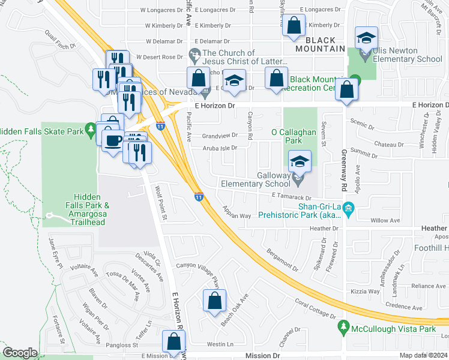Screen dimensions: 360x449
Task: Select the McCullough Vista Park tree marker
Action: [x=344, y=328]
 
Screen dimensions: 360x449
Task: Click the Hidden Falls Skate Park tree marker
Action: [x=91, y=128]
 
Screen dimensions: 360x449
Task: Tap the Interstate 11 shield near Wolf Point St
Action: [x=198, y=197]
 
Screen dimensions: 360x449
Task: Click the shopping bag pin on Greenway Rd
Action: [x=347, y=90]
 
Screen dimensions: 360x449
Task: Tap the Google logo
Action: [x=19, y=353]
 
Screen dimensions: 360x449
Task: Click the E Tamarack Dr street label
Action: [x=292, y=197]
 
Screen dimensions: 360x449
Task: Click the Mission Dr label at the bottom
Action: [x=262, y=356]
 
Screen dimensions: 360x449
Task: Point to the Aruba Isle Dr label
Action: [x=220, y=148]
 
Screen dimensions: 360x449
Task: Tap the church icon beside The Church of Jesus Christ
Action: [x=194, y=56]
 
